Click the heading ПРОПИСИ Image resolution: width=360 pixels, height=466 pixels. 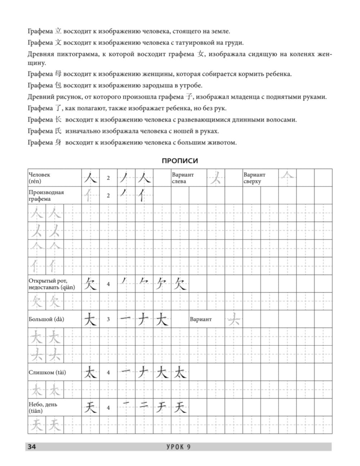coord(180,161)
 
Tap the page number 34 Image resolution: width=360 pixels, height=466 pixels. coord(32,447)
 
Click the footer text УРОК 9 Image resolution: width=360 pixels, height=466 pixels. coord(179,447)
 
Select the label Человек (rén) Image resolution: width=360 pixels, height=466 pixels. coord(40,178)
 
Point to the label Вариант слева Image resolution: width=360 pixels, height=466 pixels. coord(183,178)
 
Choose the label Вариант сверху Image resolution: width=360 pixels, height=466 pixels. coord(255,178)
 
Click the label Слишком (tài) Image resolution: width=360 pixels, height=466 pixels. coord(47,372)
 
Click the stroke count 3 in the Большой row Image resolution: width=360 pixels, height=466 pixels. coord(108,319)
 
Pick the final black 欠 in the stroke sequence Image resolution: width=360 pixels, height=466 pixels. coord(180,284)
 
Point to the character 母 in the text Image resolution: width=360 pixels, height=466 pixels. coord(58,74)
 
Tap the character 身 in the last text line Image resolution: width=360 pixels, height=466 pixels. coord(58,142)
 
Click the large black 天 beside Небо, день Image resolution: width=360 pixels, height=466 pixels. coord(90,408)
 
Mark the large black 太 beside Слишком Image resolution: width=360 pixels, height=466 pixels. coord(90,372)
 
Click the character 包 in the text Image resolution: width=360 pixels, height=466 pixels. coord(58,86)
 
